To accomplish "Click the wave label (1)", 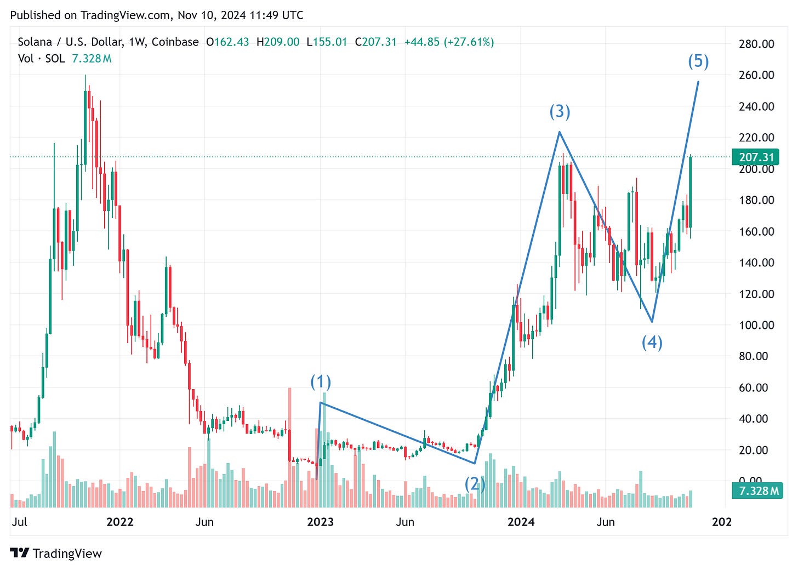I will pyautogui.click(x=321, y=381).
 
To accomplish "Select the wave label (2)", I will pyautogui.click(x=475, y=484).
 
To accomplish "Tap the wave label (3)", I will pyautogui.click(x=560, y=112).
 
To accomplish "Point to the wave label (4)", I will pyautogui.click(x=652, y=343).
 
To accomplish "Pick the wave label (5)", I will pyautogui.click(x=698, y=61).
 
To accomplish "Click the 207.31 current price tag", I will pyautogui.click(x=756, y=157).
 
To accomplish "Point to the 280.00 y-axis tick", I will pyautogui.click(x=756, y=44).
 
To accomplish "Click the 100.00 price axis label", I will pyautogui.click(x=756, y=325).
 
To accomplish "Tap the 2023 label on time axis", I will pyautogui.click(x=320, y=522).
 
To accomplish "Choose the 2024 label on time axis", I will pyautogui.click(x=521, y=522).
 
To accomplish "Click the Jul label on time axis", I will pyautogui.click(x=19, y=522).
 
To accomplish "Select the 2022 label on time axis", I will pyautogui.click(x=119, y=522).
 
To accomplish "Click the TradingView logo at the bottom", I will pyautogui.click(x=56, y=554).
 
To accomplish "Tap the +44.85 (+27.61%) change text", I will pyautogui.click(x=449, y=42).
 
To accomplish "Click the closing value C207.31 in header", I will pyautogui.click(x=375, y=42).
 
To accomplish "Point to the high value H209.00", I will pyautogui.click(x=278, y=42).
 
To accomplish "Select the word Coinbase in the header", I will pyautogui.click(x=175, y=42).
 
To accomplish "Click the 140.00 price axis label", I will pyautogui.click(x=756, y=263).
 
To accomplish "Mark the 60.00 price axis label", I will pyautogui.click(x=756, y=387).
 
